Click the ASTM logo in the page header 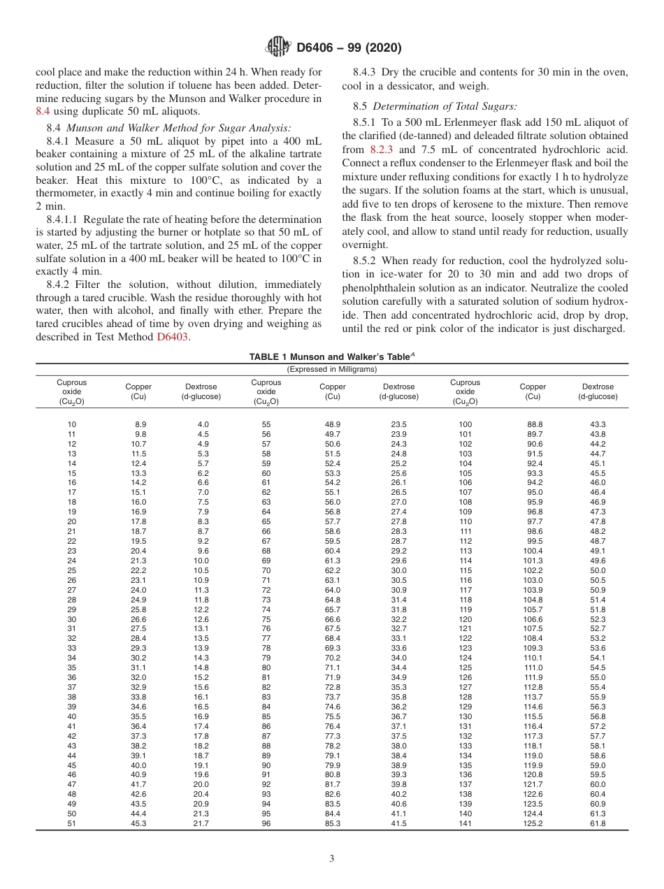click(279, 48)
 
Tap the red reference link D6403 click(172, 337)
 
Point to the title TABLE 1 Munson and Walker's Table click(331, 356)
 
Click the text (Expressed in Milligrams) click(332, 369)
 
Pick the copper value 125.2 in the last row click(533, 823)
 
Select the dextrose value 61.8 click(598, 823)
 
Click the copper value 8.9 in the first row click(140, 424)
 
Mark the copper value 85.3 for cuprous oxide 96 click(333, 823)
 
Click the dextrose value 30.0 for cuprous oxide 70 click(398, 570)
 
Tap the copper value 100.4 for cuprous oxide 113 click(533, 551)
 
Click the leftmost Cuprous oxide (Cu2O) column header click(71, 392)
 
